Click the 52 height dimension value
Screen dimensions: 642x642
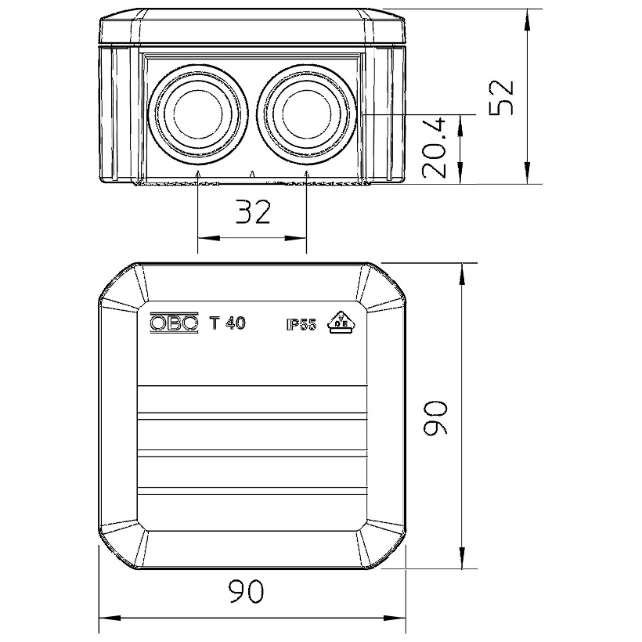502,96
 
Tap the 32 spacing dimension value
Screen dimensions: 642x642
254,212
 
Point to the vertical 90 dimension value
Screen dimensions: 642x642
435,417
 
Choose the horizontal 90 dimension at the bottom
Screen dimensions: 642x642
246,591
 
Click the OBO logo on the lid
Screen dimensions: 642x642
175,323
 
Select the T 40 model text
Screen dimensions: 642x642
227,323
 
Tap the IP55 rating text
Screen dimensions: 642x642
301,325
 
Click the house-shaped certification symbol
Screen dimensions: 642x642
341,323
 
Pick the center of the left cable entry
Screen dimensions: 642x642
198,113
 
